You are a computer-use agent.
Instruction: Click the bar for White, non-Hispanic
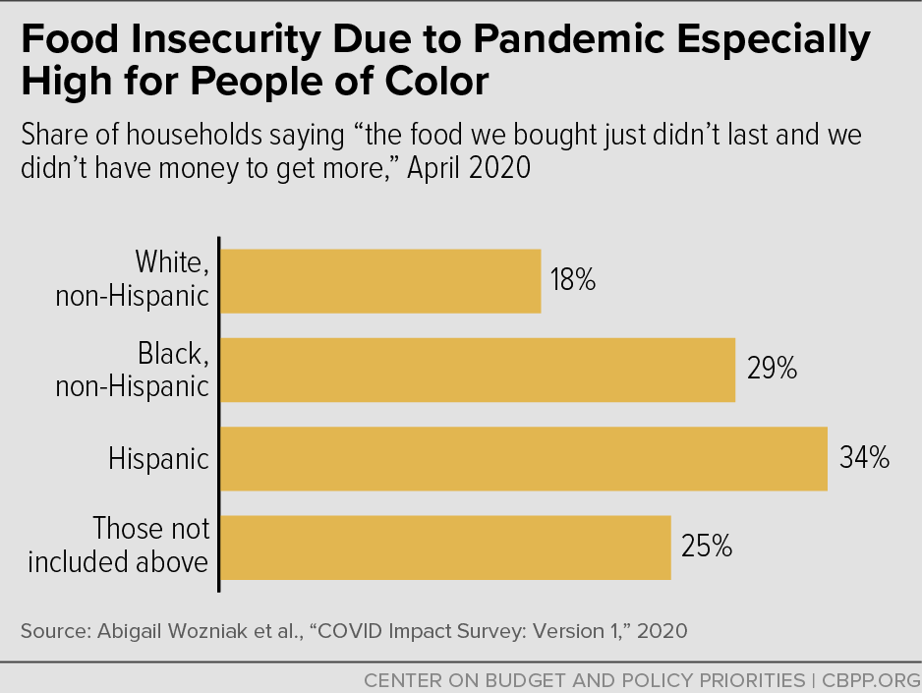pyautogui.click(x=379, y=281)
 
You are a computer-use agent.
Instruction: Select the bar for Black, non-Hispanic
pyautogui.click(x=477, y=370)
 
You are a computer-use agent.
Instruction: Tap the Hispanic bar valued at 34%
pyautogui.click(x=523, y=458)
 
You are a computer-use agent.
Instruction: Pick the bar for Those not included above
pyautogui.click(x=444, y=548)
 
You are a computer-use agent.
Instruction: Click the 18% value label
pyautogui.click(x=573, y=281)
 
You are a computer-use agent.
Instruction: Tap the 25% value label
pyautogui.click(x=707, y=548)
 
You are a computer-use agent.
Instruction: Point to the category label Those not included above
pyautogui.click(x=119, y=546)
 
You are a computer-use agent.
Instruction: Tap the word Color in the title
pyautogui.click(x=434, y=82)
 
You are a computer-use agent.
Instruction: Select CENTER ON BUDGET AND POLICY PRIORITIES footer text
pyautogui.click(x=584, y=679)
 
